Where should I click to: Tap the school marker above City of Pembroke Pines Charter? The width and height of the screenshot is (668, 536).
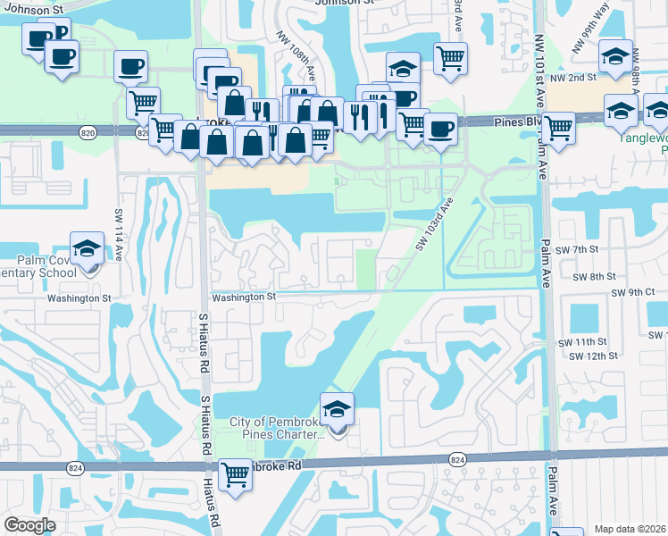pos(337,409)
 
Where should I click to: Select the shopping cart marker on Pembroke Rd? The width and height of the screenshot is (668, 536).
pos(235,473)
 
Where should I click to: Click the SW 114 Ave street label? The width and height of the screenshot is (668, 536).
pos(119,235)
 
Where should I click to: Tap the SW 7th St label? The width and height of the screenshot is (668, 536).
pos(574,251)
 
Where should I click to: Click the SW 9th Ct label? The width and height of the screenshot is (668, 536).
pos(633,292)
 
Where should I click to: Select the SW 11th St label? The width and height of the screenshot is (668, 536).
pos(582,342)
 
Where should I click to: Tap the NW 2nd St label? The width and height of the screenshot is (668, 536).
pos(572,79)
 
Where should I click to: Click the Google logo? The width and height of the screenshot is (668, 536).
pos(29,525)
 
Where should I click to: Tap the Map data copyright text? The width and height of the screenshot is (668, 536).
pos(630,529)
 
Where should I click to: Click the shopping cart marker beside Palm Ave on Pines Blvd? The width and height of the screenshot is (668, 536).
pos(558,128)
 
